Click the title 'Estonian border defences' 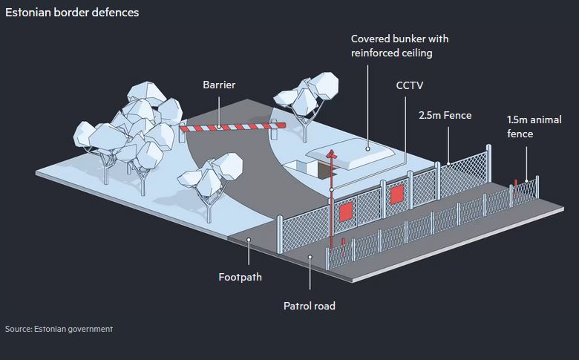coord(71,13)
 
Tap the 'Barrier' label coord(219,85)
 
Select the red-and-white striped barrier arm coord(231,127)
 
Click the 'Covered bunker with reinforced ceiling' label coord(399,45)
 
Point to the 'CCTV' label coord(409,85)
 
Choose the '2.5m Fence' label coord(445,115)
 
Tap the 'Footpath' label coord(240,278)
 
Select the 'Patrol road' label coord(310,305)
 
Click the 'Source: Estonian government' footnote coord(59,329)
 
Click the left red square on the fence coord(345,212)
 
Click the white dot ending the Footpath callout coord(249,240)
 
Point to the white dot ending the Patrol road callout coord(310,256)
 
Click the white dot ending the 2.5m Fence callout coord(448,163)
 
